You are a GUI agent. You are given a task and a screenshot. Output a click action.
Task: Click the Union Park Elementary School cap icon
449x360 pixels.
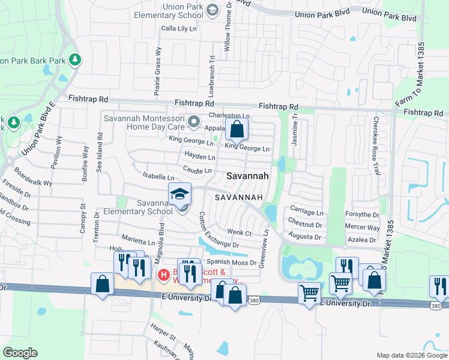pos(212,10)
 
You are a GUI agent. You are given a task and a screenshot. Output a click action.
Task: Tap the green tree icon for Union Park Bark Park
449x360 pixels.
pos(75,60)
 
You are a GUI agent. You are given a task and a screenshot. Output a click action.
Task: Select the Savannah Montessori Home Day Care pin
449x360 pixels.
pos(194,123)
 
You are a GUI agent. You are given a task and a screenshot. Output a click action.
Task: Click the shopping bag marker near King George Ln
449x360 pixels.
pos(237,129)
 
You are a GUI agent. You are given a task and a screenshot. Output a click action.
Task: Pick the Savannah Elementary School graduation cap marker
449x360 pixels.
pos(179,194)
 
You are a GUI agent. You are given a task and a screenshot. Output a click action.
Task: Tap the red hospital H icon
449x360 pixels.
pos(163,275)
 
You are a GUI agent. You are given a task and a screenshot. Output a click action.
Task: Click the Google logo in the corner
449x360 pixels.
pos(20,353)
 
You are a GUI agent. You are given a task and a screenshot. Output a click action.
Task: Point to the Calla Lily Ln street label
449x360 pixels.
pos(179,28)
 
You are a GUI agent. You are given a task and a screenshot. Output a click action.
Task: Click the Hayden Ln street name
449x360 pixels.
pos(199,157)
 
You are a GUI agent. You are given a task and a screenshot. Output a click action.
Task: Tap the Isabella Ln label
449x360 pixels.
pos(158,178)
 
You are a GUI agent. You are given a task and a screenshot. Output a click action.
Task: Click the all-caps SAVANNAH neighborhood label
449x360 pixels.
pos(240,197)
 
